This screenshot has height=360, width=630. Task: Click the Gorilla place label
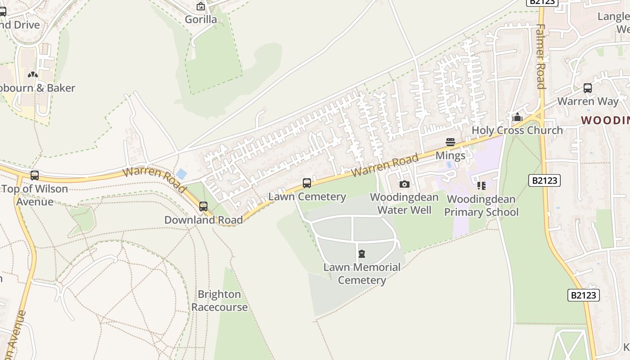pos(201,19)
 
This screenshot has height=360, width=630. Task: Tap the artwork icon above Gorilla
pos(201,7)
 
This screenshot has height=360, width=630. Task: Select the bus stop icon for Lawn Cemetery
pos(307,183)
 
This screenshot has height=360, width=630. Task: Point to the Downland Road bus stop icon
pos(203,207)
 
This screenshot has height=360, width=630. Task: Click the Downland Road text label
pos(203,220)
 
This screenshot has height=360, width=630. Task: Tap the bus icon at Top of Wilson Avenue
pos(35,175)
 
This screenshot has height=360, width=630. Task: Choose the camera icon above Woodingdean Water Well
pos(404,184)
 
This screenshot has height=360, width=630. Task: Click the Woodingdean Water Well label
pos(404,203)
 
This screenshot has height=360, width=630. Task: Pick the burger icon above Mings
pos(450,142)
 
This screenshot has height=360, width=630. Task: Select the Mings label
pos(450,156)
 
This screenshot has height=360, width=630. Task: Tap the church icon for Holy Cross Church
pos(517,117)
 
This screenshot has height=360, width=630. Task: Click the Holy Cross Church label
pos(517,130)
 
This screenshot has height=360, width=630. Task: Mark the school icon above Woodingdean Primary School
pos(481,185)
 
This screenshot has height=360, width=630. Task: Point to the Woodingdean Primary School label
pos(481,205)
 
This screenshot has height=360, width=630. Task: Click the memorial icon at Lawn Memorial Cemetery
pos(362,254)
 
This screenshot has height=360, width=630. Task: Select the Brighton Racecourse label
pos(220,301)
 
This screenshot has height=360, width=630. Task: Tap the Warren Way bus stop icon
pos(588,88)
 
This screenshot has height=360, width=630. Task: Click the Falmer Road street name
pos(541,56)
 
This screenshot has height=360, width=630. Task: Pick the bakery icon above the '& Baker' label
pos(33,75)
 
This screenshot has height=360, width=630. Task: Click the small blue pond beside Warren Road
pos(181,174)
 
